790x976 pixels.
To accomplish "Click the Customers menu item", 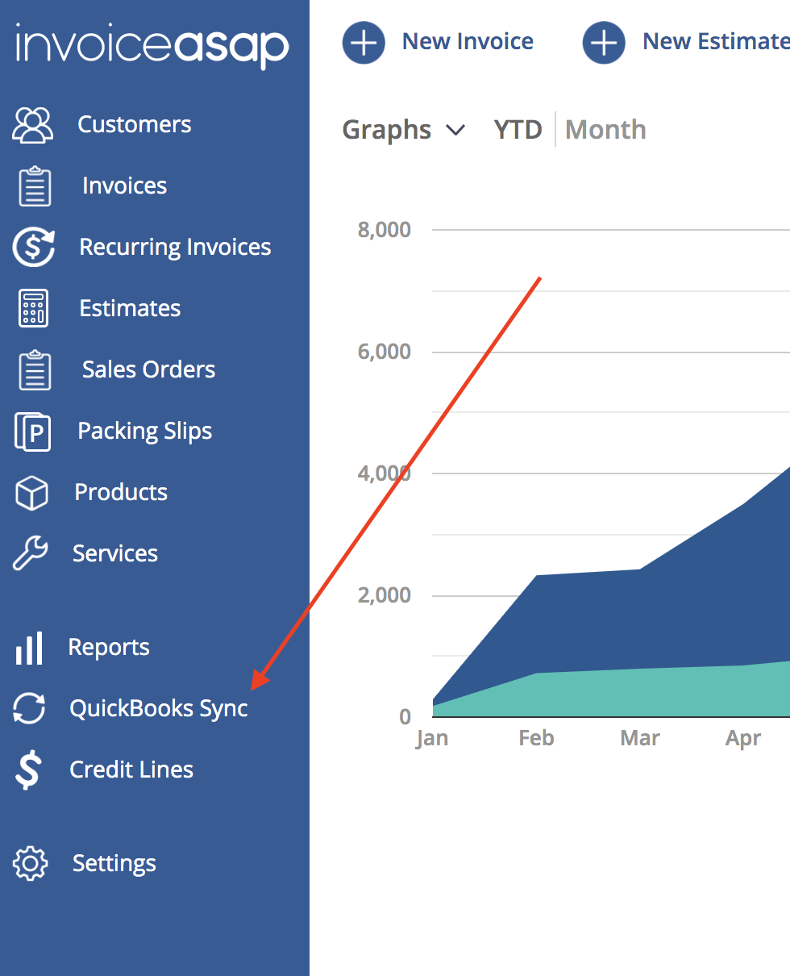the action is point(134,124).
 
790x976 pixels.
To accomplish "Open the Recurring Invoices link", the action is point(175,247).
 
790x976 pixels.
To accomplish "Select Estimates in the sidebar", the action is point(130,308).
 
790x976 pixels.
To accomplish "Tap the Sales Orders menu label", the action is point(148,369).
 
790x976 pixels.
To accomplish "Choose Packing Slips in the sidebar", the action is point(145,432).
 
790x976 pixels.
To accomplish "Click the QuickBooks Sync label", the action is point(159,708).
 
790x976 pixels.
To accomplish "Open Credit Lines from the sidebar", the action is point(131,770).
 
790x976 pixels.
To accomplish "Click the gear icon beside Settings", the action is point(30,863).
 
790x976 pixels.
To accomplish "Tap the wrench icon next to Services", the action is point(30,553).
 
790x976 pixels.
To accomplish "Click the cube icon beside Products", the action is point(31,493).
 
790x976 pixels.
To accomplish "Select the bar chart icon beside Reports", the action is point(29,649).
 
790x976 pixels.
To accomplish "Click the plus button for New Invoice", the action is point(364,43).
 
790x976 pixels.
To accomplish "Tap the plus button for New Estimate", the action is point(604,43).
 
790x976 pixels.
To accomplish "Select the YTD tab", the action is point(518,130).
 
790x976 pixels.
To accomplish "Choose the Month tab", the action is point(605,130).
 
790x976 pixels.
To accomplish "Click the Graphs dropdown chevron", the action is point(455,131).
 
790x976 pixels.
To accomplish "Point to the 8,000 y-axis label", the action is point(384,230).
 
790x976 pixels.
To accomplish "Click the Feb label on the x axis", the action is point(536,738).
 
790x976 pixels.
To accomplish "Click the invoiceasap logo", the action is point(152,46).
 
